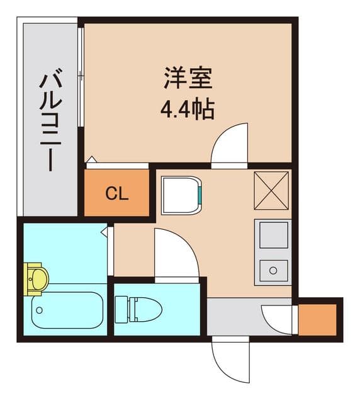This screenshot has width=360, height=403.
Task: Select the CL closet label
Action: (x=116, y=193)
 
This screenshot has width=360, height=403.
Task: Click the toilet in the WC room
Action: (x=144, y=309)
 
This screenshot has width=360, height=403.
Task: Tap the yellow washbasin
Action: (x=37, y=277)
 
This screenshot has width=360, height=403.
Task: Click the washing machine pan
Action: (x=181, y=195)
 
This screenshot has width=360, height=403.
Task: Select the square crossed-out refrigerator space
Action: (x=272, y=190)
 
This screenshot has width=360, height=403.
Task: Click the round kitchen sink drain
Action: (x=273, y=270)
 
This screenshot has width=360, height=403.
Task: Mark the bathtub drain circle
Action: (x=39, y=310)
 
